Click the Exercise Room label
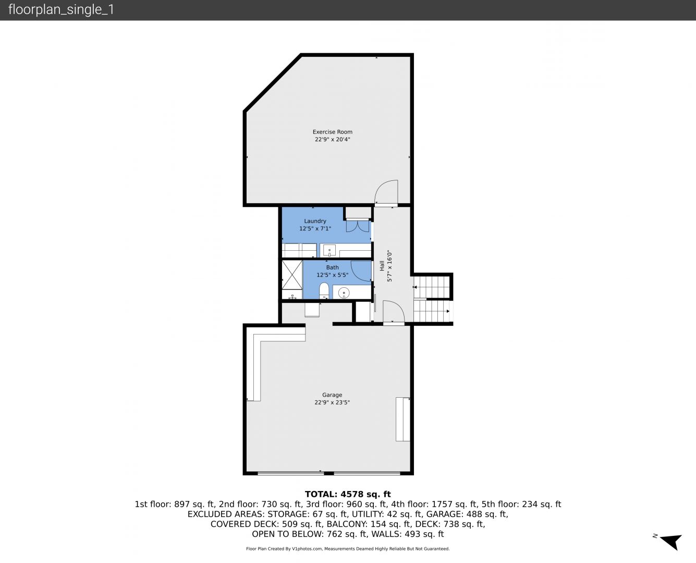[x=332, y=132]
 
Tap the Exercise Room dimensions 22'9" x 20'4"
[x=332, y=140]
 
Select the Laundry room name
[x=315, y=221]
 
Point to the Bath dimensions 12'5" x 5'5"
[x=332, y=275]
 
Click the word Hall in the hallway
[x=382, y=266]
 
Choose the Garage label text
[x=332, y=395]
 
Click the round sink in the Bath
[x=344, y=292]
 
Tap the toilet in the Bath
[x=324, y=291]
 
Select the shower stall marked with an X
[x=292, y=275]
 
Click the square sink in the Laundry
[x=329, y=251]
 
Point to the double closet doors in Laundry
[x=358, y=226]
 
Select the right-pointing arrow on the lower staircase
[x=448, y=311]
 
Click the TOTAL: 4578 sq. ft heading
[x=348, y=494]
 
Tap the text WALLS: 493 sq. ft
[x=424, y=534]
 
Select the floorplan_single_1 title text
[x=61, y=10]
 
